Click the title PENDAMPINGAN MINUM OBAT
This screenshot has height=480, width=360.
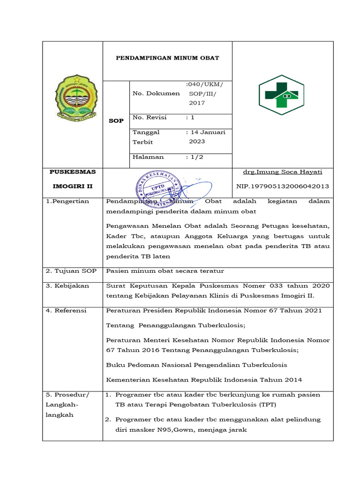coord(168,59)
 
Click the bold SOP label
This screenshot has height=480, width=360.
coord(116,121)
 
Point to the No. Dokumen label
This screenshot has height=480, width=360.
coord(156,93)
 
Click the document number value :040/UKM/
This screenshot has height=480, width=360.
coord(205,84)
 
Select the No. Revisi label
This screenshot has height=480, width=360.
coord(150,117)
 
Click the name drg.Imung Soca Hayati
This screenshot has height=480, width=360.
coord(283,172)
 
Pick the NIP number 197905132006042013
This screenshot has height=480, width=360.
coord(283,186)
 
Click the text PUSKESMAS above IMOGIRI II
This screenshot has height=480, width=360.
coord(73,172)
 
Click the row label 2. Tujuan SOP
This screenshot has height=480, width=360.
coord(68,271)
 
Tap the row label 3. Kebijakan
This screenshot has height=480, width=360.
coord(67,285)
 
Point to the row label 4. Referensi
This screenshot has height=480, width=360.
coord(66,310)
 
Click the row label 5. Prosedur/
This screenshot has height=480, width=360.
coord(67,395)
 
